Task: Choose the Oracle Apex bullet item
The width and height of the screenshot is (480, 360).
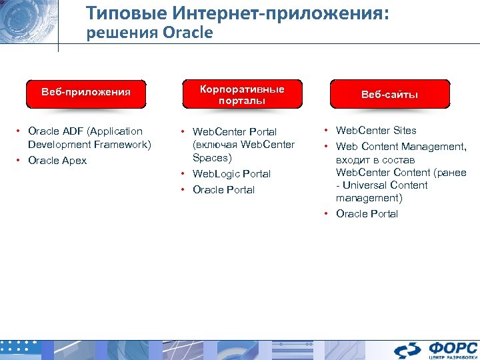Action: pyautogui.click(x=57, y=161)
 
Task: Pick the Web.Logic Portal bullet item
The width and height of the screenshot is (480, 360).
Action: pyautogui.click(x=231, y=174)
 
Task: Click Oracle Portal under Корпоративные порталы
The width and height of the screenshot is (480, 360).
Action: pyautogui.click(x=223, y=190)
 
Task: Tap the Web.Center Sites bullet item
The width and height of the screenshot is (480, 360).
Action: pyautogui.click(x=376, y=131)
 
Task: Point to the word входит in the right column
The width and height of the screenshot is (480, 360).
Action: pyautogui.click(x=351, y=160)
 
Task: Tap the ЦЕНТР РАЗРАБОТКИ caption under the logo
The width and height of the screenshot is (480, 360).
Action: pyautogui.click(x=451, y=357)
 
